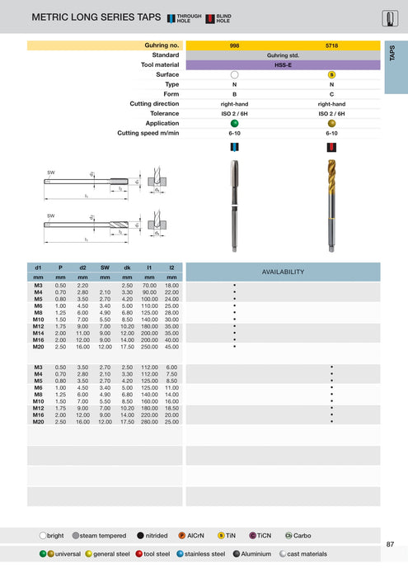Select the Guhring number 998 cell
point(234,45)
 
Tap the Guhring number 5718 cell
point(331,45)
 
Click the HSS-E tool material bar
point(283,64)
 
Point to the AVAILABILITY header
point(283,272)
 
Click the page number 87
point(389,543)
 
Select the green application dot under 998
point(234,122)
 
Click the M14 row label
point(38,332)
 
